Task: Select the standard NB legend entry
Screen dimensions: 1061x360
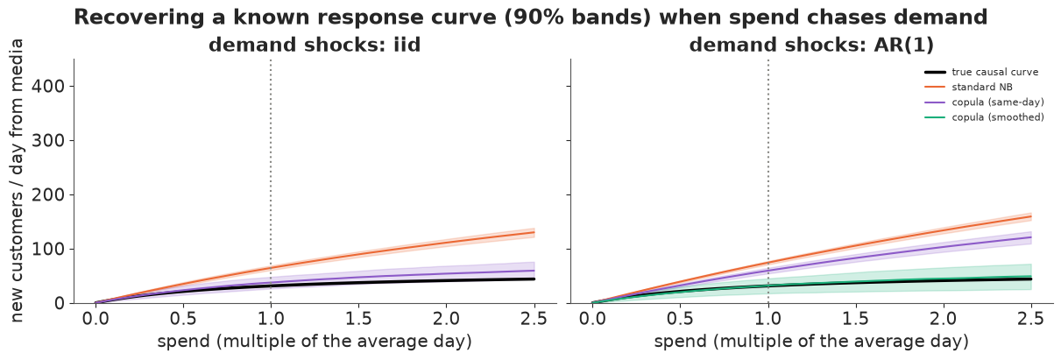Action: [x=968, y=88]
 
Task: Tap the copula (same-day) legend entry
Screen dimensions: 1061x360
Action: [x=984, y=102]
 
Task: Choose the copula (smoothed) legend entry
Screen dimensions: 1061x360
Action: [x=984, y=117]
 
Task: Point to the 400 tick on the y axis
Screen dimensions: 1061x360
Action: [x=47, y=86]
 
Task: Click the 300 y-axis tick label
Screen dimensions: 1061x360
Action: [x=47, y=141]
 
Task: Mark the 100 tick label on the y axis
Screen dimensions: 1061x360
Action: [x=47, y=249]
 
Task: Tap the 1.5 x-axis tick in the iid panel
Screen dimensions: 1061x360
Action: [x=358, y=319]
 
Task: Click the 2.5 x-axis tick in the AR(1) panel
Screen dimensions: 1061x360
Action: [x=1030, y=319]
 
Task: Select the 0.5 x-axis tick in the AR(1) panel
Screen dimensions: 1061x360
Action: [x=680, y=319]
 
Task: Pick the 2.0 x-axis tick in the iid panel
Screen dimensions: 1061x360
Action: [x=446, y=319]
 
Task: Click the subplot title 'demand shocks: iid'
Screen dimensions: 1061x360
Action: [x=315, y=45]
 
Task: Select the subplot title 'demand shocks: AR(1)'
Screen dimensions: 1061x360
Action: [x=811, y=45]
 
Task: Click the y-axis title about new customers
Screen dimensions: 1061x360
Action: [x=16, y=181]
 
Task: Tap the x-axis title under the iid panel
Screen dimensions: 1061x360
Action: [x=315, y=342]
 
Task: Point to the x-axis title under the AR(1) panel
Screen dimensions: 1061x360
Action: [x=811, y=342]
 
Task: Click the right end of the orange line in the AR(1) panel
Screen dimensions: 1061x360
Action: [x=1031, y=217]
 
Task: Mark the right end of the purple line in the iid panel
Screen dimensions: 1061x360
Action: [x=534, y=271]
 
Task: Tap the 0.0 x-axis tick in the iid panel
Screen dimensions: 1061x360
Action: [x=95, y=319]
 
